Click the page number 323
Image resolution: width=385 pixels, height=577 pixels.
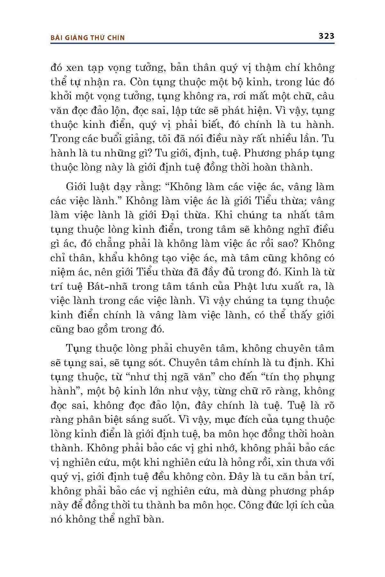326,36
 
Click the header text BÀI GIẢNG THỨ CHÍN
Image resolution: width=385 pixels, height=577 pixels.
88,38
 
